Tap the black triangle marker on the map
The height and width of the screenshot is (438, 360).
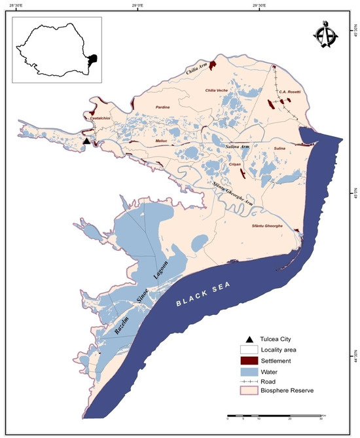click(86, 141)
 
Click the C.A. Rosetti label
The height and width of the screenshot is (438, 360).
click(289, 92)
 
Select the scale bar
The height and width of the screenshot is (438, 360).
click(274, 415)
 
